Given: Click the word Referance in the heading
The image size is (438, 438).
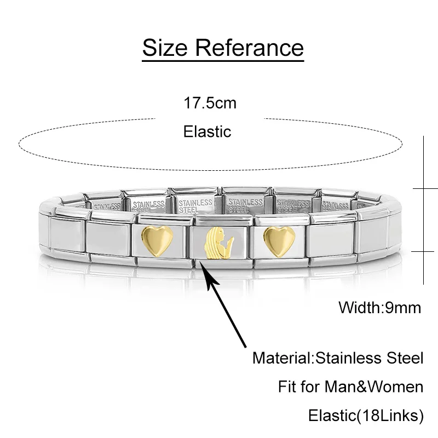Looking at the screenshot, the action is coord(249,48).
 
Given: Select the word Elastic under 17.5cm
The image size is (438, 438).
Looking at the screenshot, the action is coord(208,131).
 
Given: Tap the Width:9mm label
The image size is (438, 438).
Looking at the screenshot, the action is coord(380,307).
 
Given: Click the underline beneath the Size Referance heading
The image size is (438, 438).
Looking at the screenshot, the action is coord(223,57).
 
